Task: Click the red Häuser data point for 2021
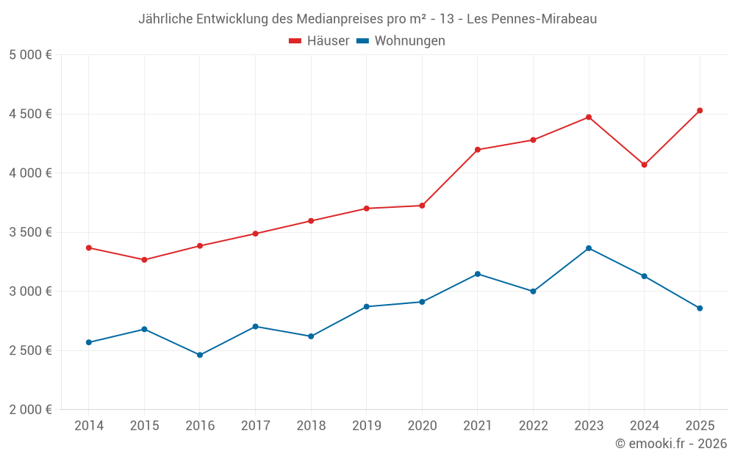pos(478,150)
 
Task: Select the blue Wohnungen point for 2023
pos(589,248)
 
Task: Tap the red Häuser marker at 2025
pos(700,111)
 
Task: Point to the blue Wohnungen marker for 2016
pos(200,355)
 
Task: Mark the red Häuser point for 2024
pos(645,165)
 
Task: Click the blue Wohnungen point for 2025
pos(700,308)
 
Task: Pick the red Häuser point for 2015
pos(144,260)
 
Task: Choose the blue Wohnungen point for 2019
pos(367,306)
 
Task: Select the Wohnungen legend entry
pos(409,41)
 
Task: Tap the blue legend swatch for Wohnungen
pos(362,41)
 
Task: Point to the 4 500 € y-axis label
pos(30,114)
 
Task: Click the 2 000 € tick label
pos(30,410)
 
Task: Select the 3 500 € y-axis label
pos(30,232)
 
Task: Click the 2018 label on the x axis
pos(311,425)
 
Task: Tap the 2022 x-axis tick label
pos(534,425)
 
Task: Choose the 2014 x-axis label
pos(89,425)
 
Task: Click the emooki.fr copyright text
pos(671,444)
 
